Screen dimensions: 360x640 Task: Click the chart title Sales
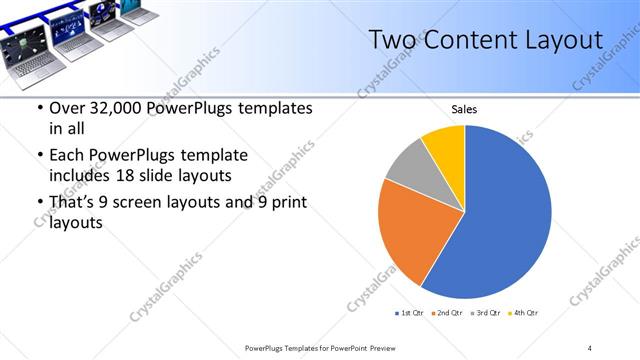[464, 108]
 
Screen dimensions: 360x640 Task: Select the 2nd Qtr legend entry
[446, 314]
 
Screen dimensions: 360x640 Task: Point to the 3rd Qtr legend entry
[485, 314]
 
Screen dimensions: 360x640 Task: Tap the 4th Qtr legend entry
[524, 314]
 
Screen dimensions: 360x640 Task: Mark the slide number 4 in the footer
[589, 347]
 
